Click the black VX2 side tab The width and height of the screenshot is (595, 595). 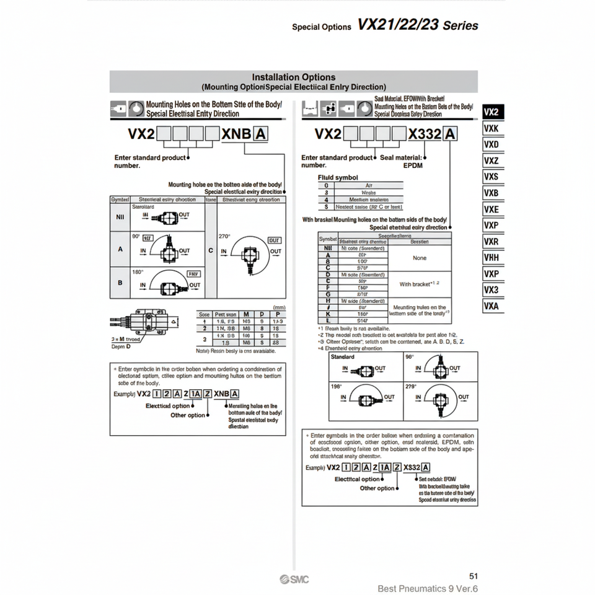(x=491, y=112)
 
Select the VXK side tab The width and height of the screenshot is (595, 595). (x=491, y=128)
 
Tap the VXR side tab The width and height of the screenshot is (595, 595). (x=491, y=241)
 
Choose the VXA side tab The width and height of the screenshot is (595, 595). (x=491, y=306)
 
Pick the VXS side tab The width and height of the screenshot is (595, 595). (x=491, y=177)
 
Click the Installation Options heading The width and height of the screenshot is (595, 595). (x=294, y=77)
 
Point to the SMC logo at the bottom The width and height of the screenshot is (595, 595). (x=294, y=579)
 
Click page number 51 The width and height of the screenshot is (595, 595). (x=474, y=576)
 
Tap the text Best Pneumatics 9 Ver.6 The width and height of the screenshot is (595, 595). (x=428, y=589)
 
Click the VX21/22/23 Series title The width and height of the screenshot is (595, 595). (x=418, y=25)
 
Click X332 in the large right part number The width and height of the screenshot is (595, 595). (x=425, y=133)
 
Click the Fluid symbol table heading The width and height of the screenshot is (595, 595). (x=338, y=177)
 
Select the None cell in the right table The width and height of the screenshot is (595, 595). (x=420, y=258)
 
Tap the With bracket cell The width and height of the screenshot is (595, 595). (x=417, y=284)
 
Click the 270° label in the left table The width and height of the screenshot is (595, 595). (x=224, y=237)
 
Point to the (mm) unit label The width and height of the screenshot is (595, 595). (x=279, y=307)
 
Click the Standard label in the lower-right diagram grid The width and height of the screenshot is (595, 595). (x=343, y=357)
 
